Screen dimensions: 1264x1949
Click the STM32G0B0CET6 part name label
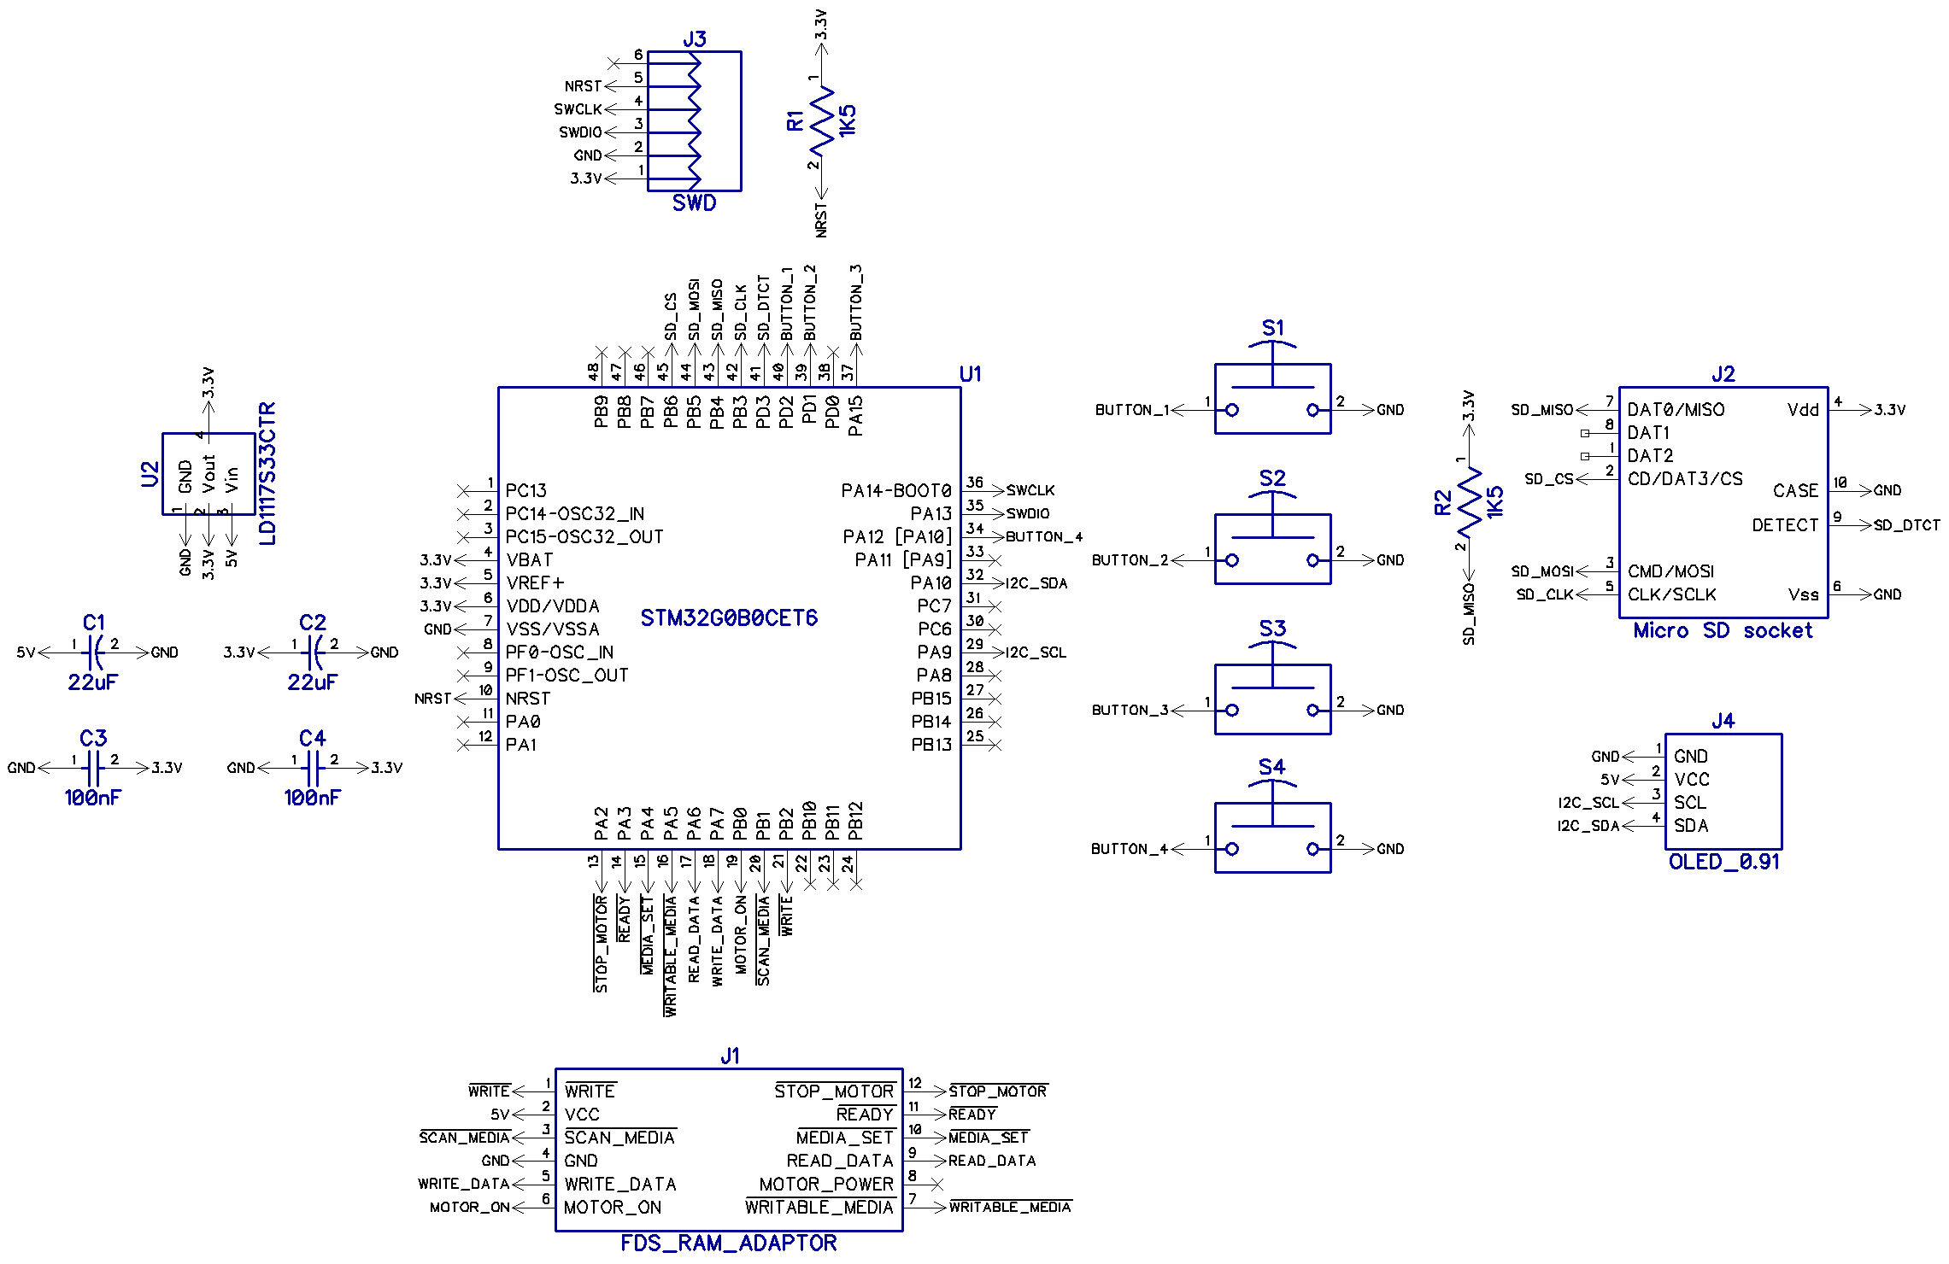tap(728, 617)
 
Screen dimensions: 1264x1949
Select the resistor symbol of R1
tap(821, 120)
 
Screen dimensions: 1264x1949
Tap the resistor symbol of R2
tap(1469, 503)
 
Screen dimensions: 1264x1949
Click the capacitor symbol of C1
tap(95, 652)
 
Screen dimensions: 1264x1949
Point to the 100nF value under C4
tap(312, 798)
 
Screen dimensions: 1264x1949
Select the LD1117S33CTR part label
tap(267, 473)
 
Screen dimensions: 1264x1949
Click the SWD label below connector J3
tap(694, 203)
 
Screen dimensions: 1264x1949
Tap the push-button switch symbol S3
tap(1272, 698)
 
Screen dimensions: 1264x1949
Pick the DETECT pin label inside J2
tap(1784, 525)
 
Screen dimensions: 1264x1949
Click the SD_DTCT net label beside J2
tap(1906, 525)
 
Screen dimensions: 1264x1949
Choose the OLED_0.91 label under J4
tap(1723, 862)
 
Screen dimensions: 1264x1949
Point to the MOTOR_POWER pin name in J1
tap(825, 1185)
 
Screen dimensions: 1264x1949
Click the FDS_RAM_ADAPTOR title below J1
tap(728, 1244)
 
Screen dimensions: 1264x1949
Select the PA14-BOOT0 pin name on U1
tap(895, 491)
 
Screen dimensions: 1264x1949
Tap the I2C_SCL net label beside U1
tap(1036, 652)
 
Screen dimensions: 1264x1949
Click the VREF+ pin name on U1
tap(535, 583)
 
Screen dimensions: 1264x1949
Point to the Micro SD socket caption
tap(1723, 631)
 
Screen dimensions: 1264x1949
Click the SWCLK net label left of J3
tap(578, 109)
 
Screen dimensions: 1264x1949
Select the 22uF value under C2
tap(312, 682)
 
